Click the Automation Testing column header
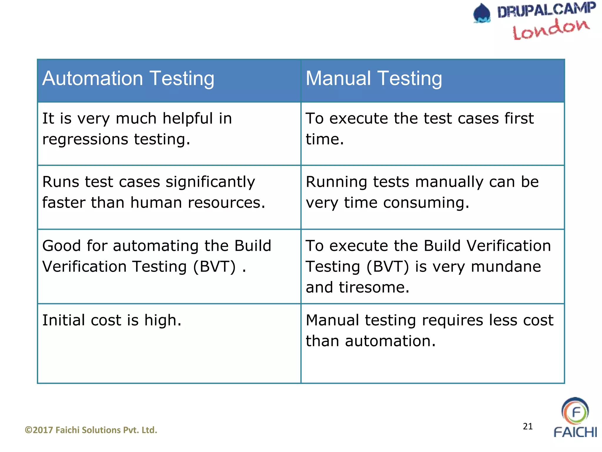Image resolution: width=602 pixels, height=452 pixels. [x=128, y=79]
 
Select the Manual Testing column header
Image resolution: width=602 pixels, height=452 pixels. [x=374, y=79]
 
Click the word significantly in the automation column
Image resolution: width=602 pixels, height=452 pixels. [x=210, y=182]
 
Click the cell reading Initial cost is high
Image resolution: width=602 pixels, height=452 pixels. [x=112, y=320]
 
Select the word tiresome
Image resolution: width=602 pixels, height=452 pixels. [x=374, y=288]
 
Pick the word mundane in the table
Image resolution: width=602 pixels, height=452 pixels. [x=506, y=267]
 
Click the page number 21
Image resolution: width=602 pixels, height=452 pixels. [x=528, y=426]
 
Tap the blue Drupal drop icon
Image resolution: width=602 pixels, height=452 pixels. [x=482, y=13]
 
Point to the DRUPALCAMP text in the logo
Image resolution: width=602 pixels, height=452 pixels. [x=546, y=10]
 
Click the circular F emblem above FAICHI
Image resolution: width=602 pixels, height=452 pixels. [x=575, y=411]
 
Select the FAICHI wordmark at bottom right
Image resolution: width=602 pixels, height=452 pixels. [x=575, y=432]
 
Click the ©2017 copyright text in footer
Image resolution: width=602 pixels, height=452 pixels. [x=91, y=430]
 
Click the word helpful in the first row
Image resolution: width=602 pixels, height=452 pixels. [x=188, y=119]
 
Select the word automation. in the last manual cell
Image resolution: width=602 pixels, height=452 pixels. [x=390, y=341]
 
